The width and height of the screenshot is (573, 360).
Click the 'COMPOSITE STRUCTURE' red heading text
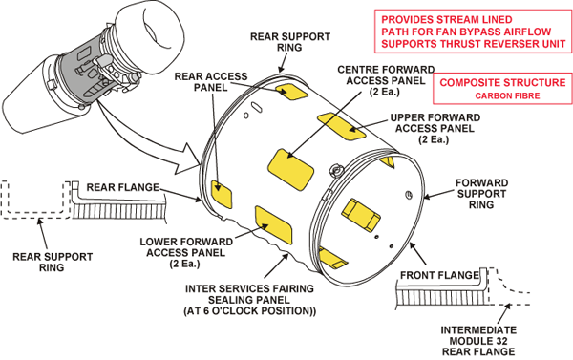tap(502, 82)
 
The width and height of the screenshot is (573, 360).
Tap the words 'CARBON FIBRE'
tap(507, 96)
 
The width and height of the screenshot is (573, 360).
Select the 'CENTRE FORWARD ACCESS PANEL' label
tap(386, 80)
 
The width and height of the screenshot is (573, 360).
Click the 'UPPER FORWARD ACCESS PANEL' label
tap(435, 128)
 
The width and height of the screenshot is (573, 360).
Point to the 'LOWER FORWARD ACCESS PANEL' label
tap(186, 252)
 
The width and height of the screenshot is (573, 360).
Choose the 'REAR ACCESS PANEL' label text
tap(211, 82)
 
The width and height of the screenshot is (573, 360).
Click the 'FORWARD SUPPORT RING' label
tap(481, 194)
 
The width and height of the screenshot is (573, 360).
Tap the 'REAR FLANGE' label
tap(123, 187)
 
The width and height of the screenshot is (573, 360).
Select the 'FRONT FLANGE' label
tap(439, 275)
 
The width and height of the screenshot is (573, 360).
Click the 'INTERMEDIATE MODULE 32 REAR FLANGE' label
tap(478, 341)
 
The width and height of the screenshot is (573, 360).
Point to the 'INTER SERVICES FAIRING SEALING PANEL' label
tap(249, 300)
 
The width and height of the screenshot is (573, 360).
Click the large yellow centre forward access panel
tap(291, 169)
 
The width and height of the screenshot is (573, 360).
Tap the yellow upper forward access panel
tap(341, 126)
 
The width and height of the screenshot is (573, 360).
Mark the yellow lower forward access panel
tap(274, 224)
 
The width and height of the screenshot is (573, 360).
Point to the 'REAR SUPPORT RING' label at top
tap(290, 42)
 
